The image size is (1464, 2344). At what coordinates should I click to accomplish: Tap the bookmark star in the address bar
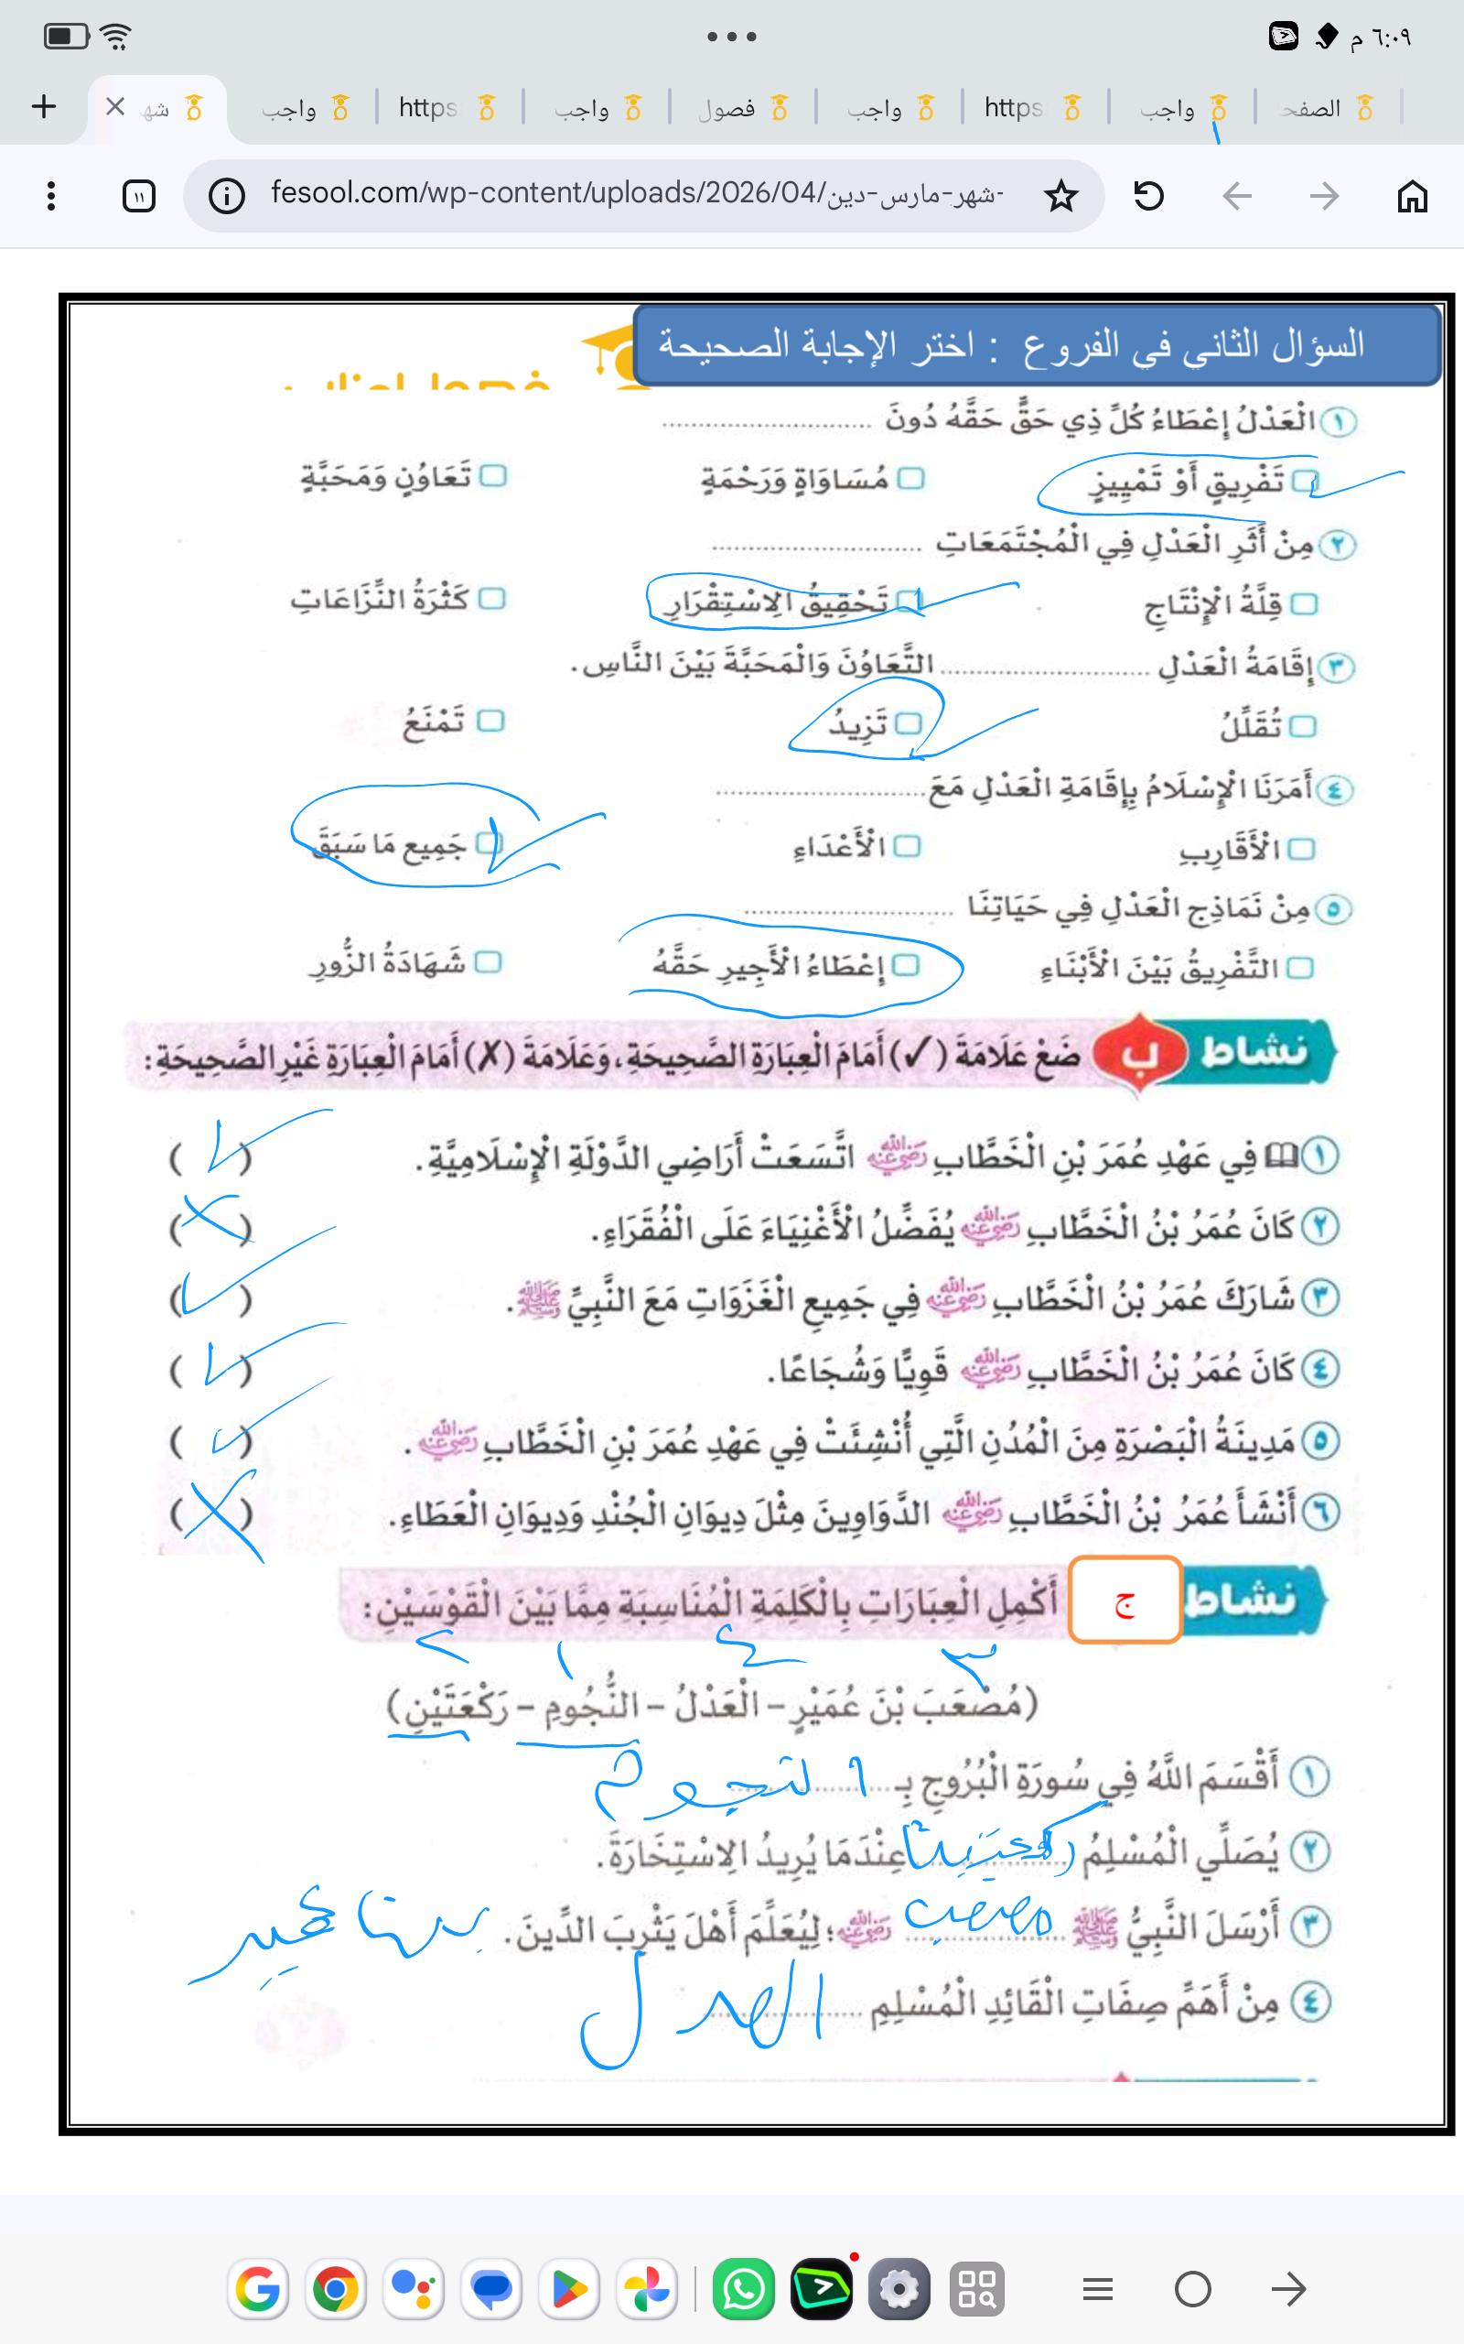pyautogui.click(x=1061, y=197)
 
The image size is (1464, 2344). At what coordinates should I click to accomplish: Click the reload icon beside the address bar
pyautogui.click(x=1148, y=197)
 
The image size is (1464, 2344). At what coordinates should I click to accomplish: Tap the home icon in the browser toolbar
pyautogui.click(x=1412, y=197)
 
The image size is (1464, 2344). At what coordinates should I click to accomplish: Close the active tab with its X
pyautogui.click(x=114, y=106)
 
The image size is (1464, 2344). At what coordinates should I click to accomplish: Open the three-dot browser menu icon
pyautogui.click(x=51, y=197)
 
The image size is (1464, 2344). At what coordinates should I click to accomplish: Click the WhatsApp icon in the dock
pyautogui.click(x=743, y=2289)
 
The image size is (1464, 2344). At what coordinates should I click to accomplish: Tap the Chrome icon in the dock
pyautogui.click(x=335, y=2289)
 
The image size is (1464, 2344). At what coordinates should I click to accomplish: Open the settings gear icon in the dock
pyautogui.click(x=899, y=2289)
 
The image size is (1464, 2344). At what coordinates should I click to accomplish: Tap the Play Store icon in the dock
pyautogui.click(x=569, y=2289)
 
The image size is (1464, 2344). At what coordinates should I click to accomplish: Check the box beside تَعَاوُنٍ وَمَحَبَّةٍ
pyautogui.click(x=494, y=475)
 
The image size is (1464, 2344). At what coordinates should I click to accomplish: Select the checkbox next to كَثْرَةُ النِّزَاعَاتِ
pyautogui.click(x=492, y=599)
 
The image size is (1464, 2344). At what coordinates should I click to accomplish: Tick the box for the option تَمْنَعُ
pyautogui.click(x=491, y=721)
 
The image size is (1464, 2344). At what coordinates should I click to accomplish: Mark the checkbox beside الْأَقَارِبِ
pyautogui.click(x=1302, y=850)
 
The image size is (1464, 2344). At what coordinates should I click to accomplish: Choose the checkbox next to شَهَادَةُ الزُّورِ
pyautogui.click(x=488, y=961)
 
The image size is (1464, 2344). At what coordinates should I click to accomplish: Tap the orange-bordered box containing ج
pyautogui.click(x=1125, y=1601)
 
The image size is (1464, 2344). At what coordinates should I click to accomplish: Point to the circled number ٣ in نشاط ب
pyautogui.click(x=1319, y=1299)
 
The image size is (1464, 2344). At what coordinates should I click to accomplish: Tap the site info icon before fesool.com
pyautogui.click(x=227, y=197)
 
